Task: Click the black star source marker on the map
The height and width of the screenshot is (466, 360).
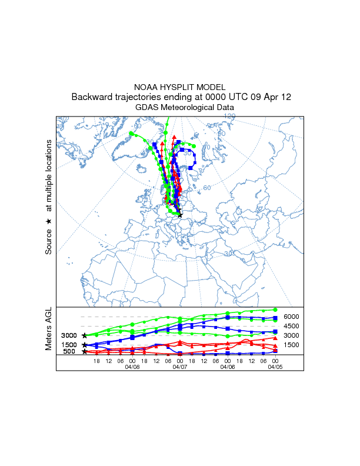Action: click(x=180, y=215)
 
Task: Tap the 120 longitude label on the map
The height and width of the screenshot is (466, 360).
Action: click(x=229, y=116)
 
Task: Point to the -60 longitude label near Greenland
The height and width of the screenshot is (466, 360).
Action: click(x=137, y=126)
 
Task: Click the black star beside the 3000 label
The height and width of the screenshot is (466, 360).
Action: click(x=85, y=335)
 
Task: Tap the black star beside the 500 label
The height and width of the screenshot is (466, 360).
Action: click(x=85, y=352)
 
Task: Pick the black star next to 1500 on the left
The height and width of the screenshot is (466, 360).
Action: click(x=85, y=345)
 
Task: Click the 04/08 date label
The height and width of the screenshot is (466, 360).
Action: click(x=132, y=367)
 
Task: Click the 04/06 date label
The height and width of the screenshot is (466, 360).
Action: click(x=228, y=367)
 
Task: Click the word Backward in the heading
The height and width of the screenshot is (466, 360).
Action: click(x=92, y=96)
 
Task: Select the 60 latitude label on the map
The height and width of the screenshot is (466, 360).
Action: click(x=207, y=188)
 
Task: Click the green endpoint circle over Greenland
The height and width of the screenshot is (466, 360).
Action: click(x=131, y=134)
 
